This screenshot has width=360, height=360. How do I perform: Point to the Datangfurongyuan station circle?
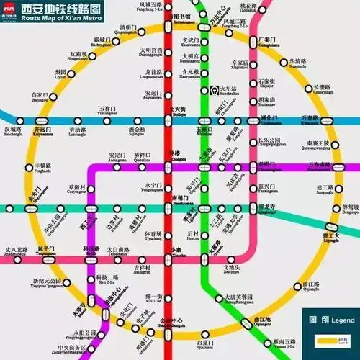[230, 296]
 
